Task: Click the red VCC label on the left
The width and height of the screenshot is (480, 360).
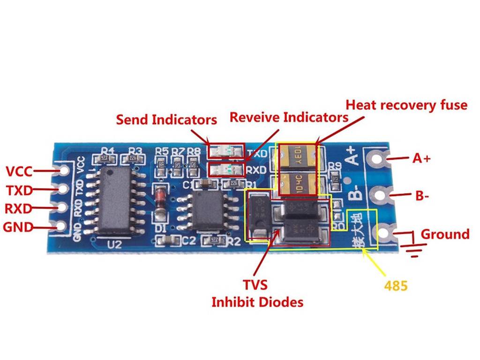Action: [19, 171]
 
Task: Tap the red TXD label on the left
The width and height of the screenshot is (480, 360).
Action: [19, 190]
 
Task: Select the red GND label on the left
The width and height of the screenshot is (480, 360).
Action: [18, 228]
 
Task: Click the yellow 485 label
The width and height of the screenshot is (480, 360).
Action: [396, 285]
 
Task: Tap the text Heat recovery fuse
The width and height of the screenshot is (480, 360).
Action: [406, 105]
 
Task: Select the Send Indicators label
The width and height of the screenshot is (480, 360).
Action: [166, 120]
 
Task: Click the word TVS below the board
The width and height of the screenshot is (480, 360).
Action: [255, 285]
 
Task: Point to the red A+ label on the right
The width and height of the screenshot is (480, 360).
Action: [421, 158]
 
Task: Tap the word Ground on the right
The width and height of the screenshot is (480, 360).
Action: [445, 234]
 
